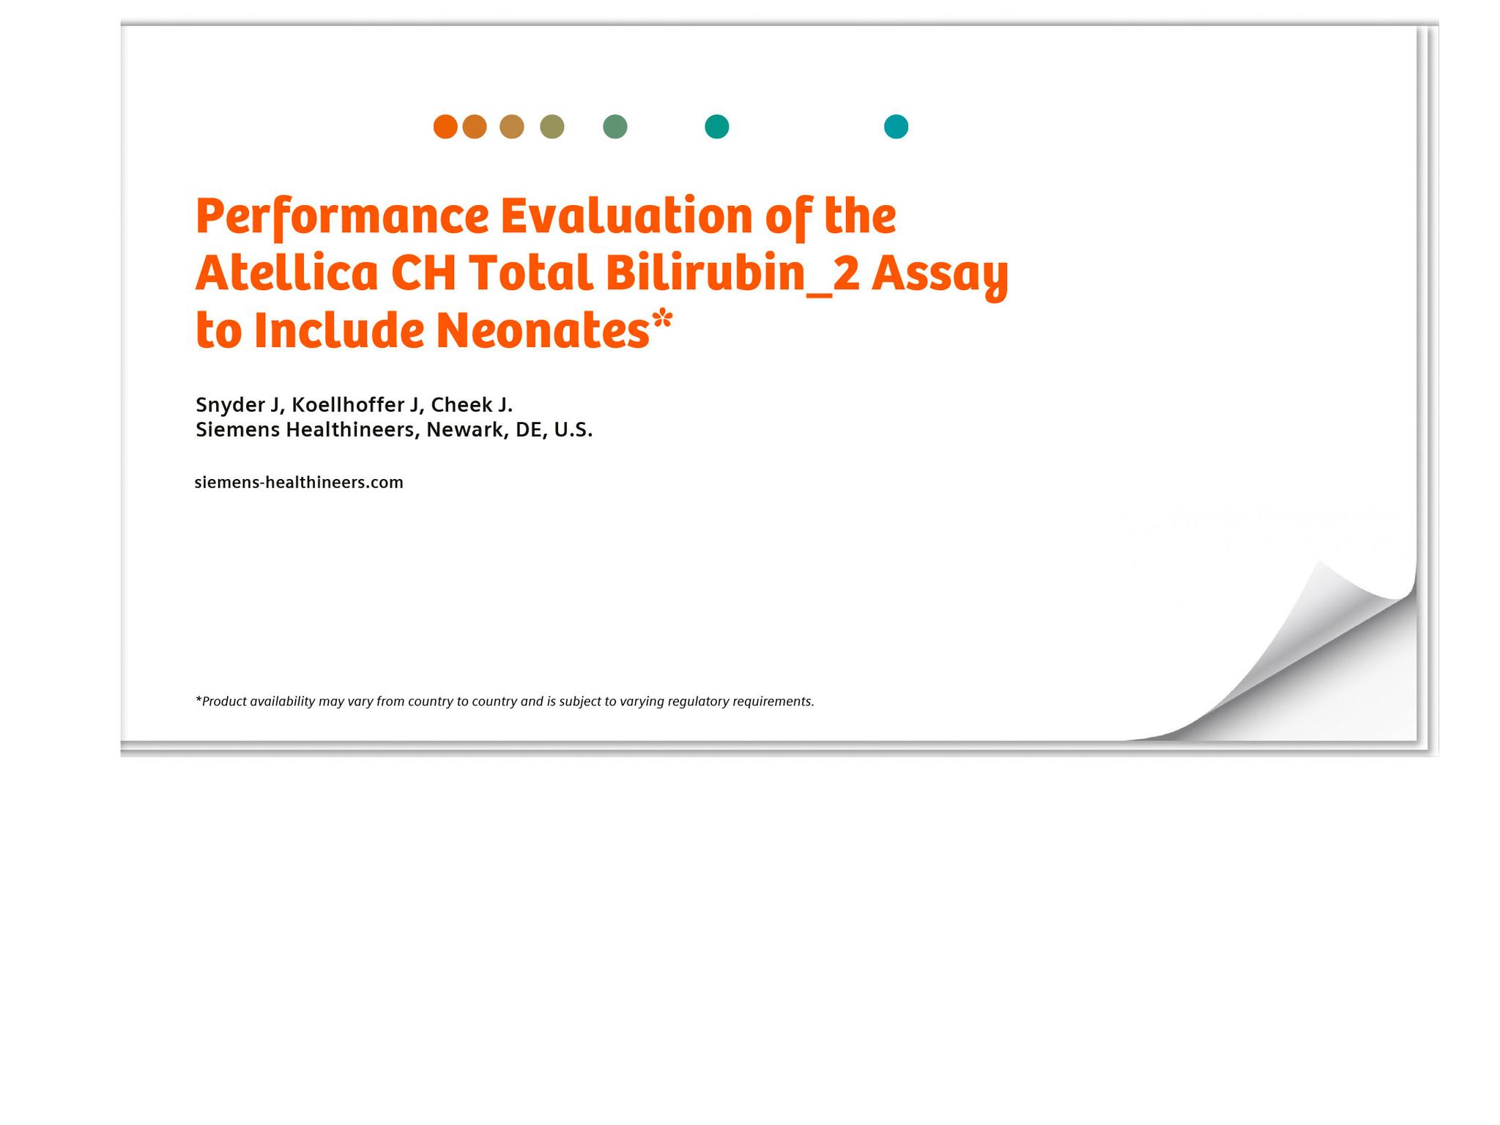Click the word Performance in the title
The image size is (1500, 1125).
(341, 218)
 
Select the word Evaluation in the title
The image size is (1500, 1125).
(626, 216)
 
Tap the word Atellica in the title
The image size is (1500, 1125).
(286, 273)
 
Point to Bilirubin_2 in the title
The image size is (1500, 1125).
(732, 273)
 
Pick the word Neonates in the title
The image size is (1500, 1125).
(542, 331)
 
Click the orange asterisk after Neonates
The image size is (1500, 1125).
(662, 320)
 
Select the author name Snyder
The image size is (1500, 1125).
(230, 405)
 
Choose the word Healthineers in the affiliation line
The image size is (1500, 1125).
(350, 430)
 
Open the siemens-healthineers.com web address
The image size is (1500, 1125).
(299, 483)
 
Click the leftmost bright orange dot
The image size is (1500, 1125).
(445, 127)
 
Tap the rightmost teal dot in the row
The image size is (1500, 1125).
(896, 127)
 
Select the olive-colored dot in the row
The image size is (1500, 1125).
(552, 127)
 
